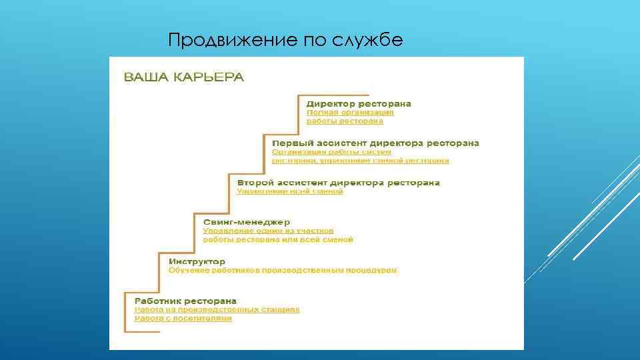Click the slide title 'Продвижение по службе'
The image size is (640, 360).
[x=285, y=41]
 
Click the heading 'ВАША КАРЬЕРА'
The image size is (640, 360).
[x=184, y=77]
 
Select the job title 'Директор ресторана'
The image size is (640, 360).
[x=359, y=103]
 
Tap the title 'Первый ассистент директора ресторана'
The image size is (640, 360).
[x=375, y=143]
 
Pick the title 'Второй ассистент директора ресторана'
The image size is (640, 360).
[x=339, y=182]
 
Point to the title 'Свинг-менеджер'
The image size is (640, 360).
[x=247, y=221]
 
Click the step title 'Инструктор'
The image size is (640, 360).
[x=197, y=261]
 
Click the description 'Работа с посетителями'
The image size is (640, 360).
[x=183, y=319]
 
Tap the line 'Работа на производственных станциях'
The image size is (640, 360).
[x=217, y=310]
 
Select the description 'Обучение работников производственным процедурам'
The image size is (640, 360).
[x=283, y=271]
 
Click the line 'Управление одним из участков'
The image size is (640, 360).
[x=268, y=231]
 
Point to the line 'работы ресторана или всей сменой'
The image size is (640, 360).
[x=278, y=239]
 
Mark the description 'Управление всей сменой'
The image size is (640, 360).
[x=290, y=191]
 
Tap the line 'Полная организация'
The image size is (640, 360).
[x=350, y=113]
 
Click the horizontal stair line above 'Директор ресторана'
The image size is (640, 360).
[x=333, y=95]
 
